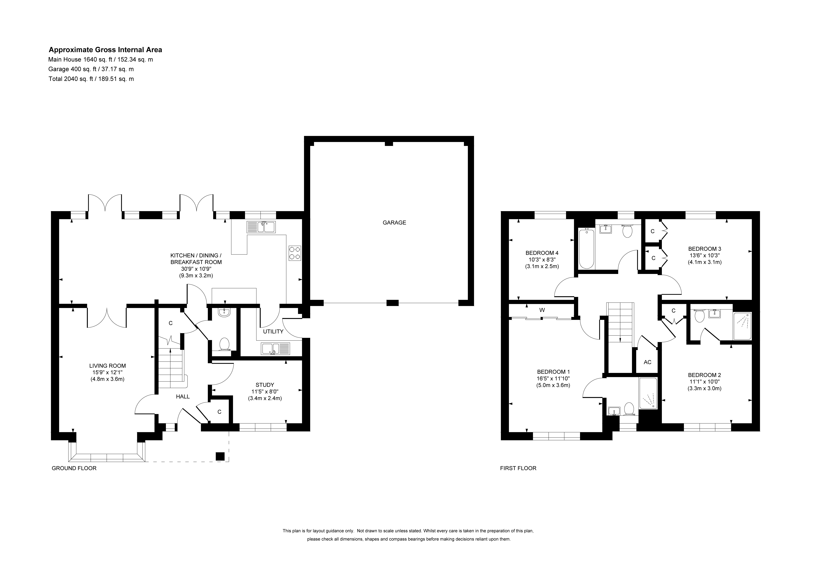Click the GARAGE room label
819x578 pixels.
pyautogui.click(x=394, y=223)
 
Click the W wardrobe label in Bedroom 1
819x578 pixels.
pyautogui.click(x=542, y=310)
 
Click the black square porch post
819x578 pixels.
pyautogui.click(x=220, y=456)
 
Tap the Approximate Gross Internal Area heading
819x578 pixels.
pyautogui.click(x=105, y=50)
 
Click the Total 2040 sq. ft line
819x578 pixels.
pyautogui.click(x=91, y=79)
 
